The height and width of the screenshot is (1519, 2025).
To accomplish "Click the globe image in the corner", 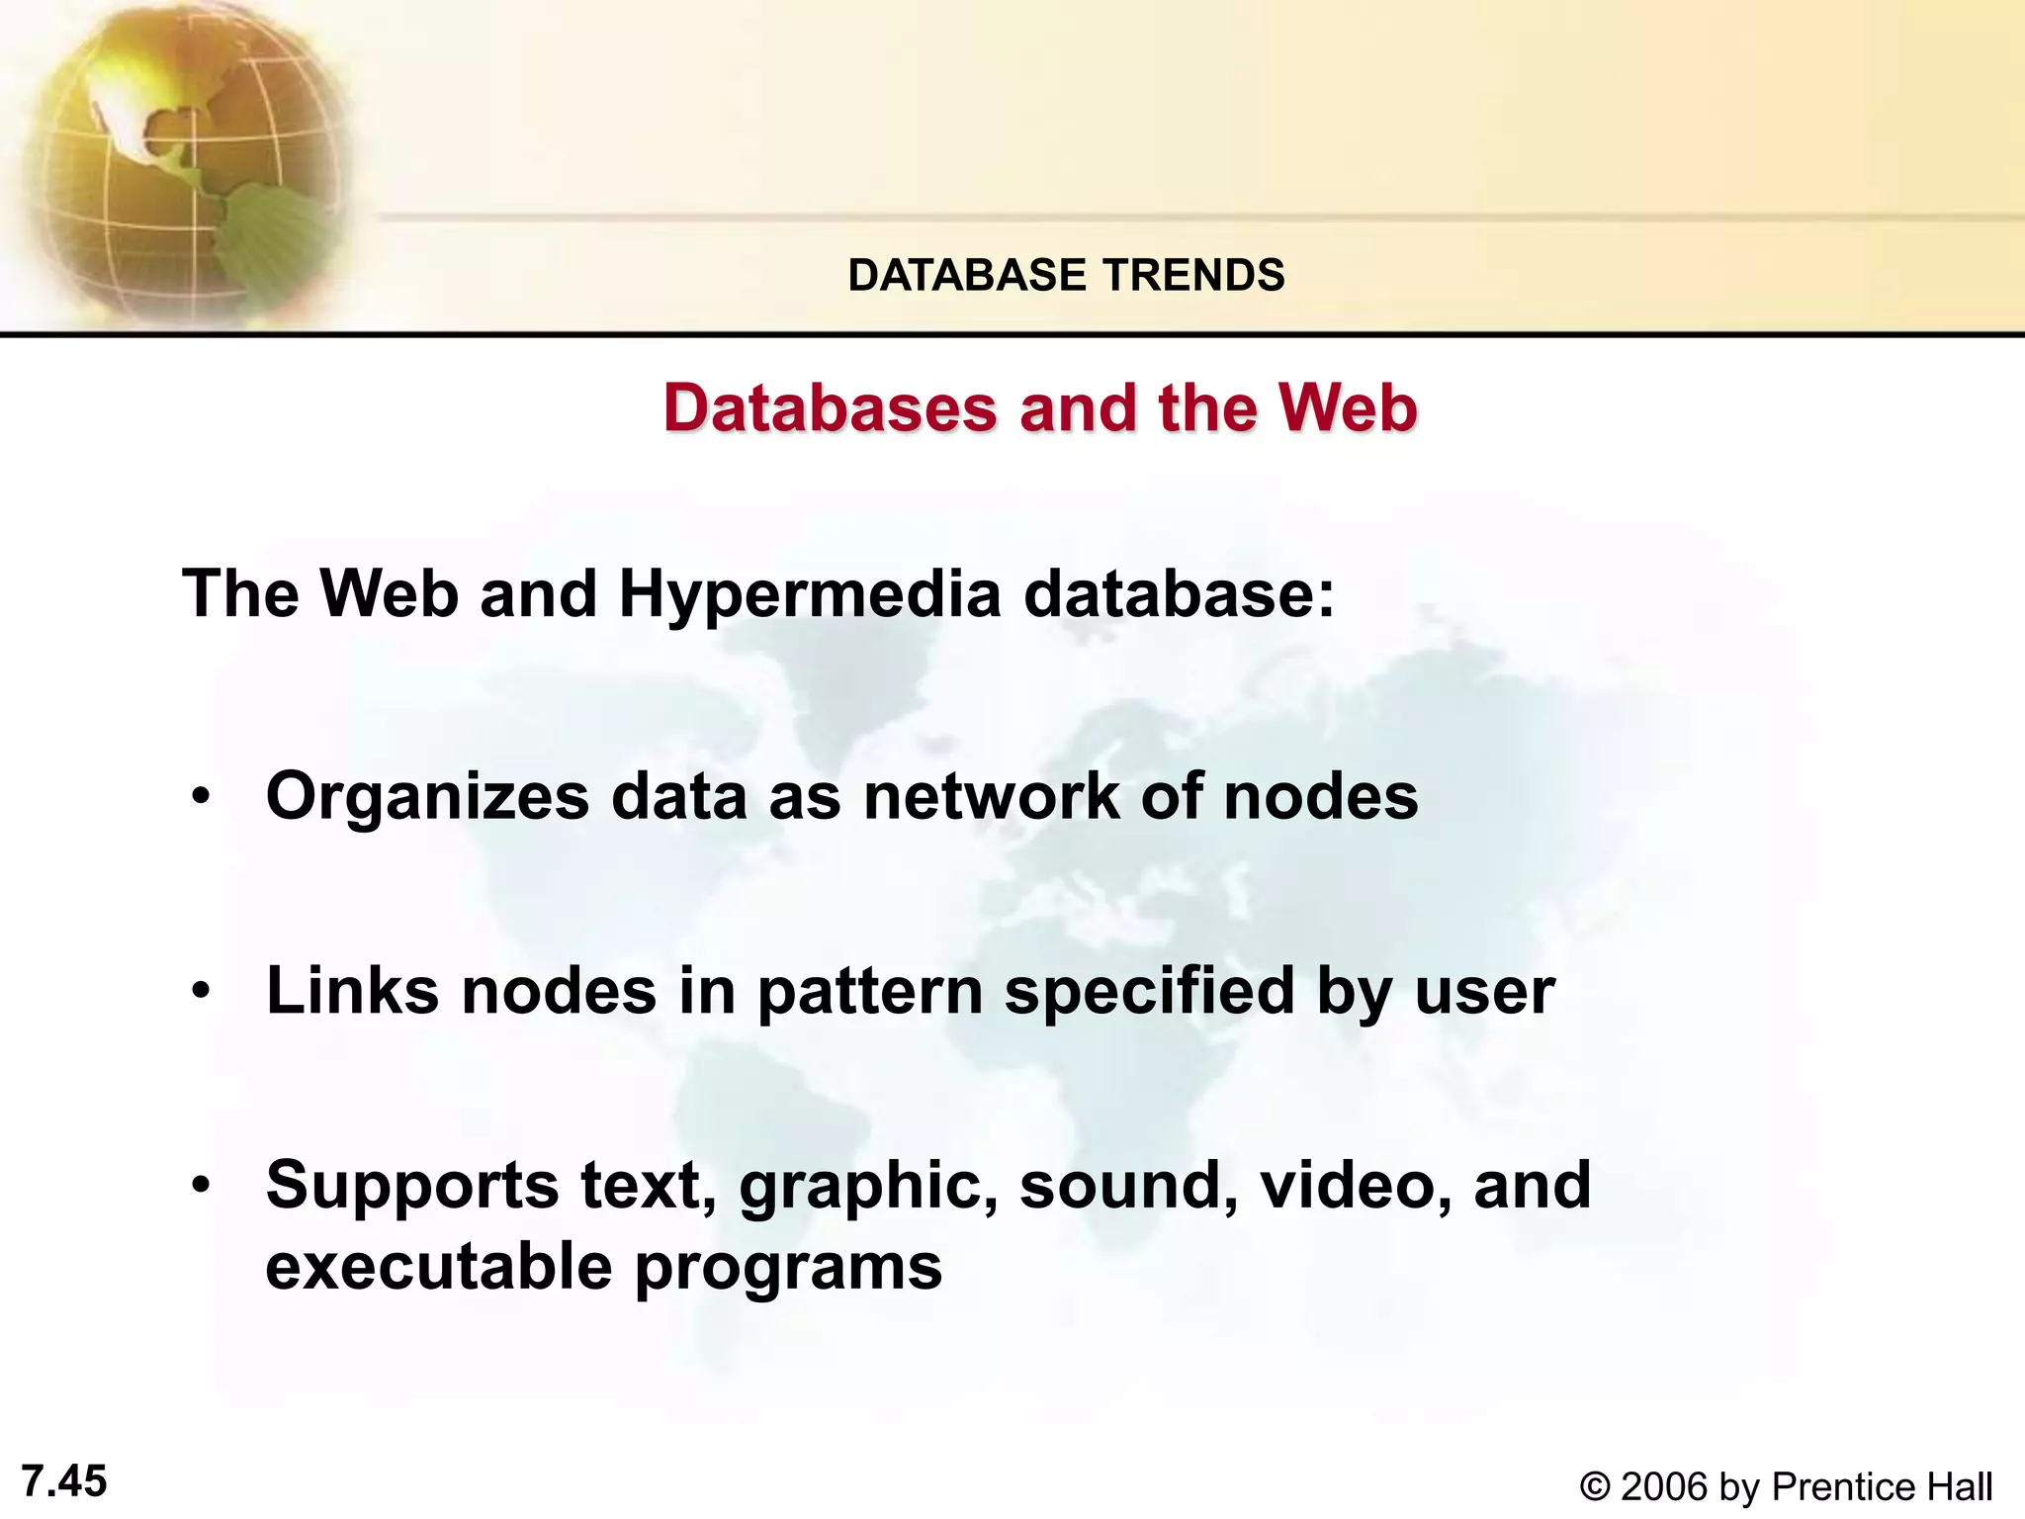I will click(178, 158).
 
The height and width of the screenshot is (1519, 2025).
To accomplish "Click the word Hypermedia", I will click(810, 595).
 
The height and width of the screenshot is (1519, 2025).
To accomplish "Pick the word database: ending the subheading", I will click(1179, 595).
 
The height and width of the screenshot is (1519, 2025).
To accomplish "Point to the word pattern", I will click(870, 991).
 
